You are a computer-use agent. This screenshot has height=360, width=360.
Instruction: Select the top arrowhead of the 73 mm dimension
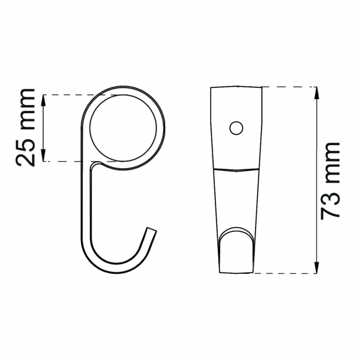coord(317,91)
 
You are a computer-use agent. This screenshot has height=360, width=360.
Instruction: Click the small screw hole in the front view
coord(236,127)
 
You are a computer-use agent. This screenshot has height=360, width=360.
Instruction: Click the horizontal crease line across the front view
coord(236,169)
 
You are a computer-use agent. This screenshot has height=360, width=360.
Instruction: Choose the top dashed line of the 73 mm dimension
coord(289,87)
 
